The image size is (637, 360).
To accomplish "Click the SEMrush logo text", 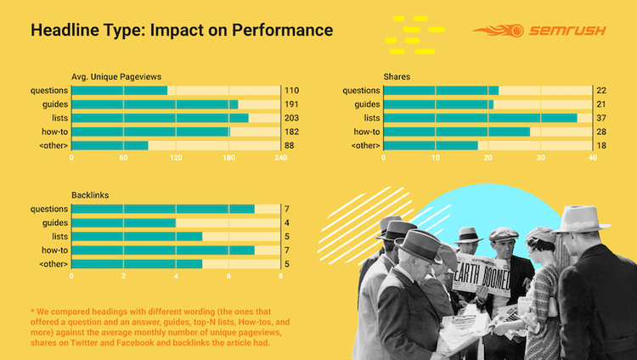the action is point(567,31).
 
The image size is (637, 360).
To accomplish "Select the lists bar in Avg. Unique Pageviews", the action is point(160,118).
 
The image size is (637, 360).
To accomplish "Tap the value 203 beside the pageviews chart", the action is point(291,118).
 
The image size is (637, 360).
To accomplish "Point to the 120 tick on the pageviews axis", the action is point(176,158).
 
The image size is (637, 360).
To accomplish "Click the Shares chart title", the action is point(397,76).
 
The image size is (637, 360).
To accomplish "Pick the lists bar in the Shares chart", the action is point(480,118).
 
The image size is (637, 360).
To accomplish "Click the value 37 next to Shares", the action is point(601,118).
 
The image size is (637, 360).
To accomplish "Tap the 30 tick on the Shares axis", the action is point(540,158).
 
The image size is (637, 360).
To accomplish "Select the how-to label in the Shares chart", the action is point(367,132).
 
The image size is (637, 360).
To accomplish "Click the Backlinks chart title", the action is point(90,195).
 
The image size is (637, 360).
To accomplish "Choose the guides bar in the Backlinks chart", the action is point(123,222).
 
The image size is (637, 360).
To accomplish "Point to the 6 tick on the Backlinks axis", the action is point(228,276).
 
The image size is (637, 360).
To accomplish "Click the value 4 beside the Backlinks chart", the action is point(287,222).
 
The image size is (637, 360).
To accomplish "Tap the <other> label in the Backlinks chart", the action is point(54,264).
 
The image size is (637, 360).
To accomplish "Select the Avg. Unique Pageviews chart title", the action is point(116,76).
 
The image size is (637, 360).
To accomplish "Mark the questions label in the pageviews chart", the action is point(49,91).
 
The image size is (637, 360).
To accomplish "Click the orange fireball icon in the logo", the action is point(498,31).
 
